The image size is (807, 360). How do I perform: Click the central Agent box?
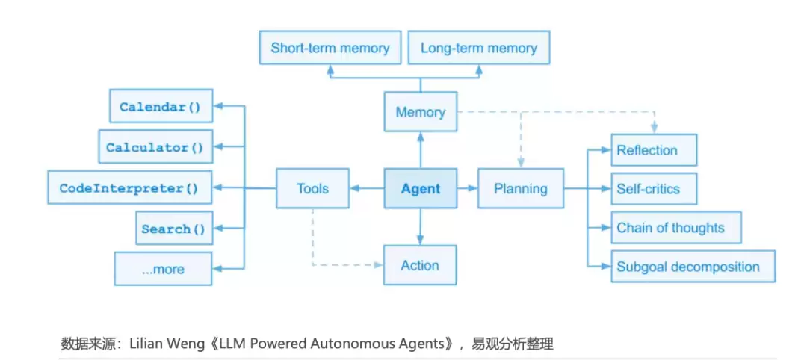tap(421, 188)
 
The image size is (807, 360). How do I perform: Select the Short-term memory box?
tap(330, 48)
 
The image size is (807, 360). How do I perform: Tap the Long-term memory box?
tap(479, 48)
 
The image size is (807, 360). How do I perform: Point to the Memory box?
tap(421, 111)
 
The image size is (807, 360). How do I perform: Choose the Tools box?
tap(312, 188)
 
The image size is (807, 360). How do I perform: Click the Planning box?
tap(521, 188)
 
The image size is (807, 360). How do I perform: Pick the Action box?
tap(420, 265)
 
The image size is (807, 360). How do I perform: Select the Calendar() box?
tap(161, 106)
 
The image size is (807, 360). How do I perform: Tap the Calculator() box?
tap(155, 146)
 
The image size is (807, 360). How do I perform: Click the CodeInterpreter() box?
tap(130, 187)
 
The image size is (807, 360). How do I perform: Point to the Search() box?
tap(174, 228)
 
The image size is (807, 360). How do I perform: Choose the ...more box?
tap(163, 269)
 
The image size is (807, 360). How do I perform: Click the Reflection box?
tap(654, 150)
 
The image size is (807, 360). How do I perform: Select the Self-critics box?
tap(654, 189)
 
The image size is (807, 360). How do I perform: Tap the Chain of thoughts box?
tap(676, 227)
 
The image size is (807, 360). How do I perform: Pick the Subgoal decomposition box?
tap(693, 266)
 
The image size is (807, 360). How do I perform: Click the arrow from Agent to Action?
tap(421, 226)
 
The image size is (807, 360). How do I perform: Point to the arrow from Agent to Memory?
tap(421, 149)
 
